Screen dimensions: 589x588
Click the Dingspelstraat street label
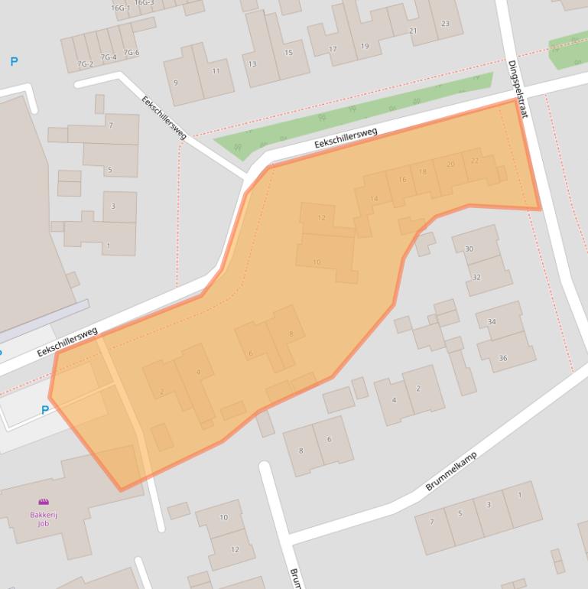click(x=518, y=88)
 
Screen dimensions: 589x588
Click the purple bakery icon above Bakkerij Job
click(x=44, y=503)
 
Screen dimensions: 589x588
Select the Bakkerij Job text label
click(x=44, y=519)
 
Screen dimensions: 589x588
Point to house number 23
click(x=445, y=23)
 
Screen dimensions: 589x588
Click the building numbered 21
click(x=413, y=31)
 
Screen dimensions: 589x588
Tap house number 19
click(x=365, y=46)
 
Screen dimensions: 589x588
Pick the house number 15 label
click(x=288, y=52)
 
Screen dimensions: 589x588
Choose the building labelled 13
click(x=252, y=63)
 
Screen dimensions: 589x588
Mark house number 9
click(x=176, y=82)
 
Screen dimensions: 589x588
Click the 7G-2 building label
click(x=85, y=63)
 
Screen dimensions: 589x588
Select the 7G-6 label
click(x=131, y=53)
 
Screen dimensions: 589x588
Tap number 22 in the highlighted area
click(x=475, y=161)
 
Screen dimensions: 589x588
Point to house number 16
click(x=401, y=179)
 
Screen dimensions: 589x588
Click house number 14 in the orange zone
click(x=374, y=199)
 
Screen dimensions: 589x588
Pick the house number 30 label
click(x=469, y=249)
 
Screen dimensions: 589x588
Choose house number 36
click(x=502, y=358)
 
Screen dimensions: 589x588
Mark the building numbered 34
click(x=492, y=322)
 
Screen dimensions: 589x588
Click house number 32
click(x=476, y=277)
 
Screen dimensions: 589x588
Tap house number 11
click(x=216, y=71)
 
